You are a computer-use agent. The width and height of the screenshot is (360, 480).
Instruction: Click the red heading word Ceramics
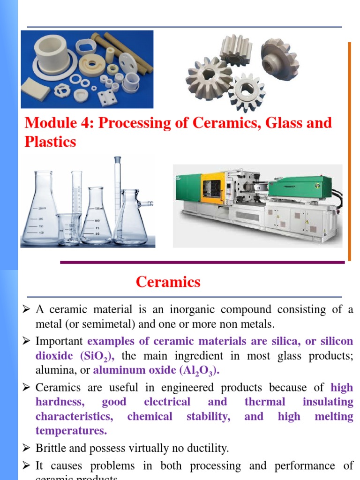(168, 282)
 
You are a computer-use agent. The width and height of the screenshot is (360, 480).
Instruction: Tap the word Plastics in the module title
(50, 142)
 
